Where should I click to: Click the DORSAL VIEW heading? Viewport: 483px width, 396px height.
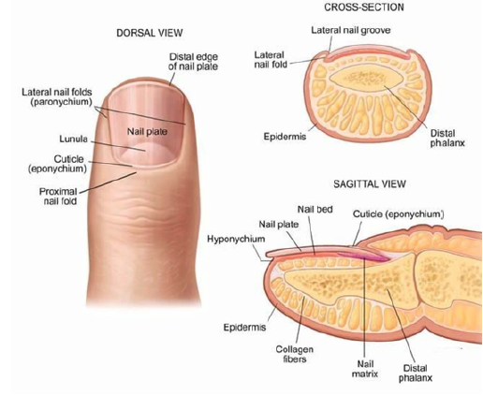click(x=150, y=33)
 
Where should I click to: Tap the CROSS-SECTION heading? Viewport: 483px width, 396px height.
click(x=364, y=7)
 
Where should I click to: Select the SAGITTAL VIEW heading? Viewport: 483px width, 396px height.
click(x=370, y=183)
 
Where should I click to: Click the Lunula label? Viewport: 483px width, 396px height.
click(x=74, y=139)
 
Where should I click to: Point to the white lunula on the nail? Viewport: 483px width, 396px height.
click(x=147, y=153)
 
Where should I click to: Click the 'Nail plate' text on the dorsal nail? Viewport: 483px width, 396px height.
click(x=147, y=131)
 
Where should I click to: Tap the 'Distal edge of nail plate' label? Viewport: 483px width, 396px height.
click(x=193, y=62)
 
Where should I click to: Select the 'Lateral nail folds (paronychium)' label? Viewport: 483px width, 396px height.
click(x=57, y=96)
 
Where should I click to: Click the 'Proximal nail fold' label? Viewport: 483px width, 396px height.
click(x=58, y=196)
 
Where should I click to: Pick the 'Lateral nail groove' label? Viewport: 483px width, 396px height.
click(x=351, y=30)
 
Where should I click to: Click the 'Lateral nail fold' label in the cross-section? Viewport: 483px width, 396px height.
click(x=271, y=60)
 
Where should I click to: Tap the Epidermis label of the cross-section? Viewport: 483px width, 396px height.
click(x=285, y=137)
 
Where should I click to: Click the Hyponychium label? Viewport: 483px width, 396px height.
click(x=236, y=239)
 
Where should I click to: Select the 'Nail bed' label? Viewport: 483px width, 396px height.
click(x=315, y=210)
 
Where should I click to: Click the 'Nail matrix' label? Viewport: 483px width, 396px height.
click(x=365, y=369)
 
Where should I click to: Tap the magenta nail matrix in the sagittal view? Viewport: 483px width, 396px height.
click(x=364, y=256)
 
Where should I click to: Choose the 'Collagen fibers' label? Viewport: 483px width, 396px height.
click(x=294, y=354)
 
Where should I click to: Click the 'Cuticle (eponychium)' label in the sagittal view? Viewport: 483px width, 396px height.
click(x=399, y=214)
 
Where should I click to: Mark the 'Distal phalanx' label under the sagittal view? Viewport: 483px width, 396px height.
click(x=416, y=373)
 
